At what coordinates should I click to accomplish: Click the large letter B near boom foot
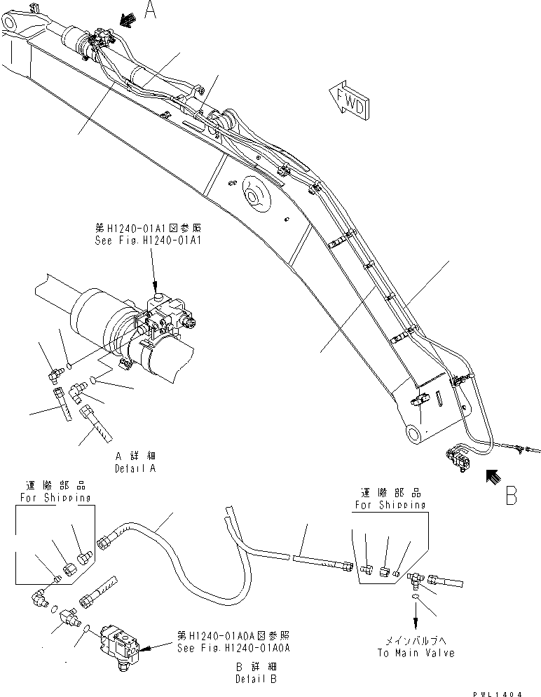point(512,495)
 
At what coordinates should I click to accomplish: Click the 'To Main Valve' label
point(416,653)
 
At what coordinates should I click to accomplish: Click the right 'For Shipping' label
point(390,504)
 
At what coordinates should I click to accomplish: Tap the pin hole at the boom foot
point(415,434)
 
